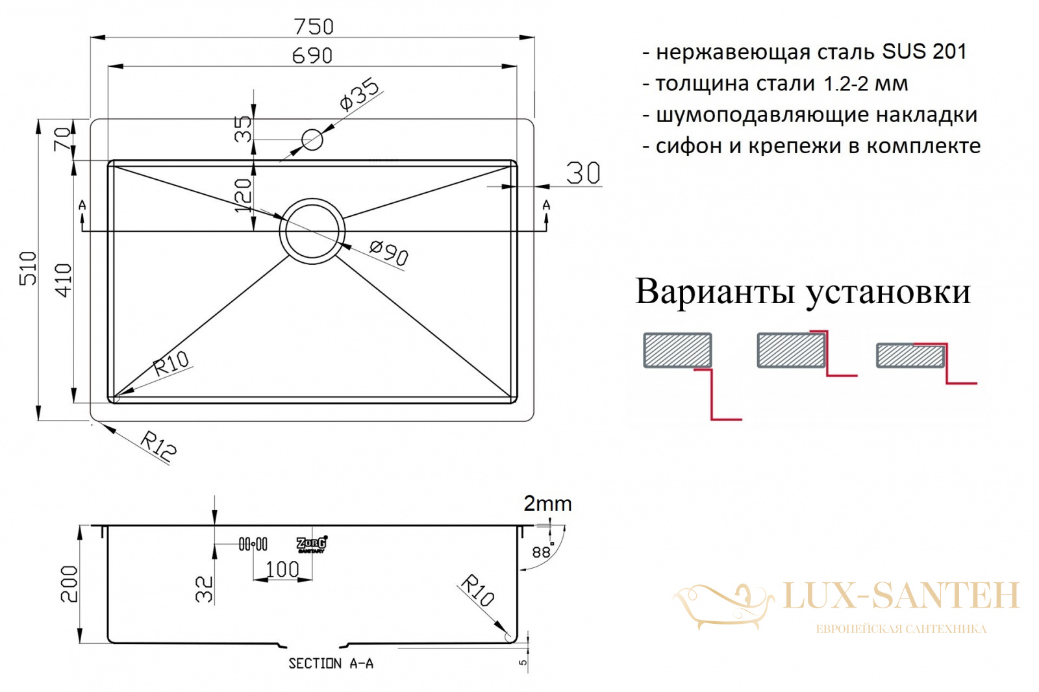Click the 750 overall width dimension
click(314, 27)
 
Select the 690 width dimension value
click(312, 56)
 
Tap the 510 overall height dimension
click(28, 268)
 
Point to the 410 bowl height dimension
click(64, 280)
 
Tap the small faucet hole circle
click(312, 140)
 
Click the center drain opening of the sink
click(312, 231)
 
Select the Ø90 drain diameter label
click(389, 254)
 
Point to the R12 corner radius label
click(158, 446)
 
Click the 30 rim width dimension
click(583, 173)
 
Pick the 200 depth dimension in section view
click(69, 584)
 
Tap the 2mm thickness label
click(547, 504)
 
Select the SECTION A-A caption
click(331, 663)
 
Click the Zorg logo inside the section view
click(312, 544)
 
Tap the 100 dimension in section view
click(282, 569)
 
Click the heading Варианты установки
click(803, 291)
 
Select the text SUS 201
click(924, 51)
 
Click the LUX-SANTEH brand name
click(901, 595)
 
